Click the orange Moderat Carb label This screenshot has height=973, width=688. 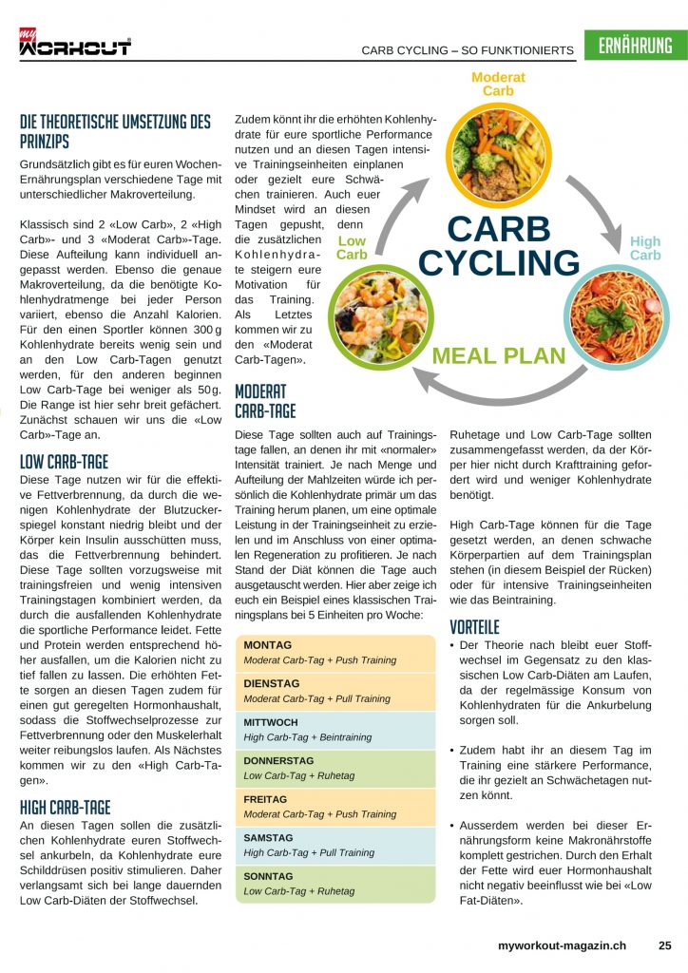(498, 84)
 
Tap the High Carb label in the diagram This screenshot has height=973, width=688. (645, 249)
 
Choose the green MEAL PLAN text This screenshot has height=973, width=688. (499, 357)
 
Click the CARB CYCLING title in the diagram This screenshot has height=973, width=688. (498, 245)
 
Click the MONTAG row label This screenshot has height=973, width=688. (268, 645)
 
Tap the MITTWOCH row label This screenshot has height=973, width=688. (272, 722)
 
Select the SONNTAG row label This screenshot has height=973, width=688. (269, 876)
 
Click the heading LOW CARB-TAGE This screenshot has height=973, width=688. (64, 463)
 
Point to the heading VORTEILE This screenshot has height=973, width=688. (474, 627)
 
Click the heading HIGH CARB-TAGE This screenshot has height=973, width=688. (65, 808)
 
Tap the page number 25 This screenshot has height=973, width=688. (664, 945)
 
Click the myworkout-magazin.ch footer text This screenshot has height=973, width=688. (562, 945)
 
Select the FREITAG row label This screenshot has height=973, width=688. (265, 799)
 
